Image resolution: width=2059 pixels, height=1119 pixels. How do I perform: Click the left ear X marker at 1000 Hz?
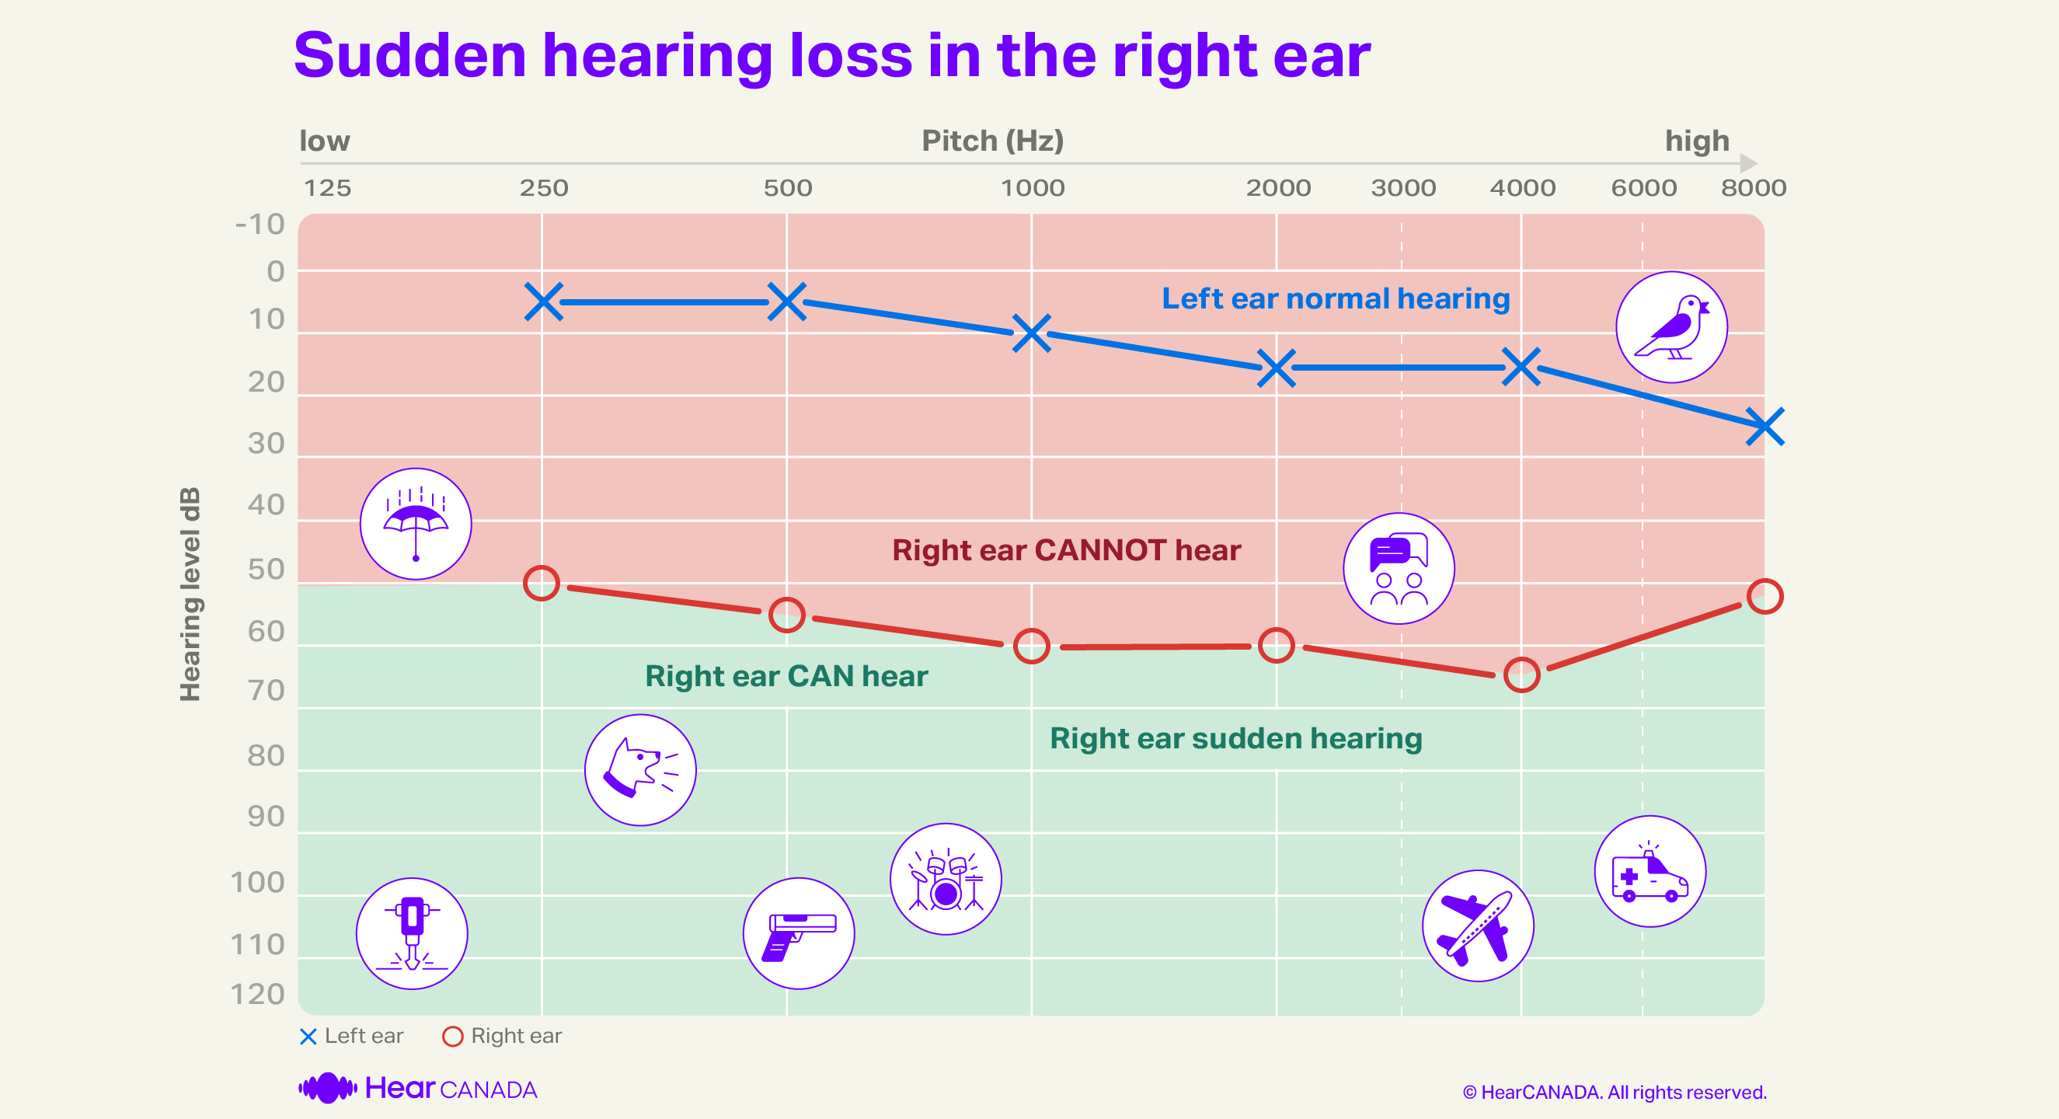(x=1031, y=333)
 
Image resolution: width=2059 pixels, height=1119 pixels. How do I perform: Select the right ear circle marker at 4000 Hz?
(x=1521, y=675)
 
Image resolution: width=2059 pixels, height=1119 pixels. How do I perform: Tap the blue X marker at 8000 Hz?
(x=1764, y=426)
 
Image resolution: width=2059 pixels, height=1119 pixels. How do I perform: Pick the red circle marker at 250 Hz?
(x=541, y=583)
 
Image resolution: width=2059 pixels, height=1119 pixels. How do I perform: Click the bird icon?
(x=1671, y=327)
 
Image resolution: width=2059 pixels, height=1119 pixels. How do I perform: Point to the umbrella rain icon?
(x=415, y=524)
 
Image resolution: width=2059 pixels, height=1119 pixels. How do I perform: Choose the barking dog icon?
(x=639, y=770)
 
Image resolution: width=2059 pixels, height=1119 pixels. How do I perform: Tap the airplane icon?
(x=1477, y=926)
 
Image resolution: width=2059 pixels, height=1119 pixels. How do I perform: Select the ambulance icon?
(x=1650, y=871)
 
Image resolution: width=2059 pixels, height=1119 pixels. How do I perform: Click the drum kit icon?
(x=946, y=878)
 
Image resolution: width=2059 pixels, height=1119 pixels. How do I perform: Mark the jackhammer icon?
(x=412, y=932)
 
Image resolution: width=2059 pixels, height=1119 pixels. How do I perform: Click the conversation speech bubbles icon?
(x=1398, y=568)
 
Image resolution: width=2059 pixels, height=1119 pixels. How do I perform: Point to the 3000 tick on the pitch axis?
(x=1402, y=188)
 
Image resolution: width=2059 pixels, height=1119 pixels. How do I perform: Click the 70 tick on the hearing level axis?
(x=267, y=690)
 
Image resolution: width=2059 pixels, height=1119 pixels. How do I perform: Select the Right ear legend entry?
(x=502, y=1036)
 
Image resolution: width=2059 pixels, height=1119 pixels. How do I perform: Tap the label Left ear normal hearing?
(x=1335, y=299)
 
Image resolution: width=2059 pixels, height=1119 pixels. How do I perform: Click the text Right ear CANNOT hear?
(x=1065, y=550)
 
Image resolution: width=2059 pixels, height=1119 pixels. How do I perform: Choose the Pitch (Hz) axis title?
(x=992, y=141)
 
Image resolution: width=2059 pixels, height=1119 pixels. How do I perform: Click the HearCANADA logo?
(x=417, y=1089)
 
